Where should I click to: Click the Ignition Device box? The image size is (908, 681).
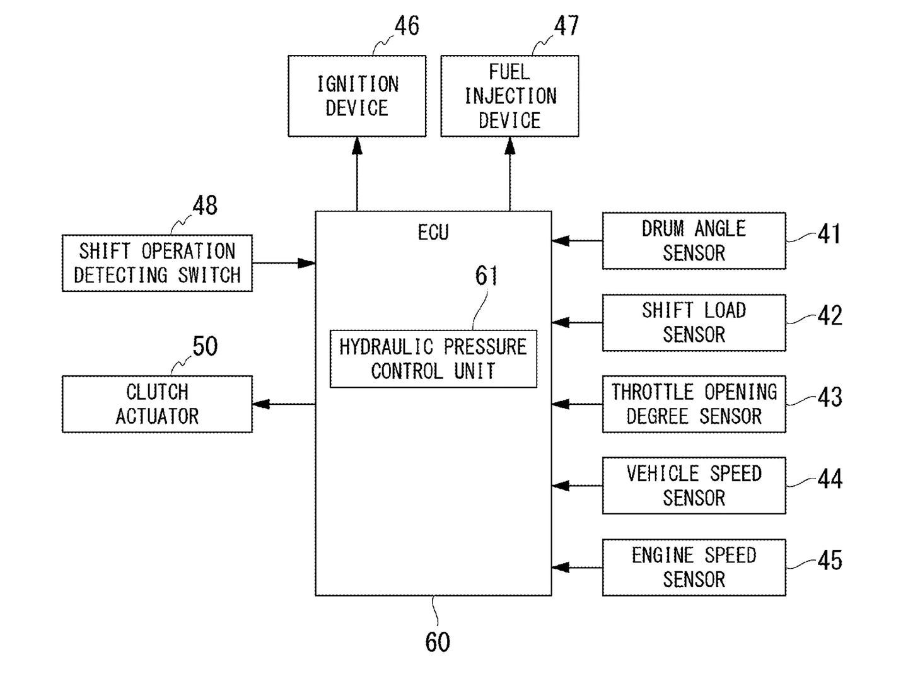pos(357,96)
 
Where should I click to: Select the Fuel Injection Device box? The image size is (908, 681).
pos(509,96)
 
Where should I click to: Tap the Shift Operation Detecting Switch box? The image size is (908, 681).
pos(157,263)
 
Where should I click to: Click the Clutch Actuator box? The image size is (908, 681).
pos(157,404)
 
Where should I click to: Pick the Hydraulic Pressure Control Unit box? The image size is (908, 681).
pos(433,359)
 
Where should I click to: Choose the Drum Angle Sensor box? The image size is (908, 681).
pos(694,241)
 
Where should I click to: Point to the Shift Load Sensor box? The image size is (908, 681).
pos(694,322)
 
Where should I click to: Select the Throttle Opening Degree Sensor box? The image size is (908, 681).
pos(694,404)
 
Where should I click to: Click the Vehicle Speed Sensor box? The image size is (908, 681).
pos(694,486)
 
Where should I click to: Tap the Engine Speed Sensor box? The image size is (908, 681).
pos(694,567)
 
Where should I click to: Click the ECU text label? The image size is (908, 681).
pos(433,233)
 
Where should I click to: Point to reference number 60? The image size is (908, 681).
pos(438,642)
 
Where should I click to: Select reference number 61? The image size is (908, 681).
pos(486,276)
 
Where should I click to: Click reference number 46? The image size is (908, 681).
pos(407,26)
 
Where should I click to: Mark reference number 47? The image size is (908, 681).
pos(566,26)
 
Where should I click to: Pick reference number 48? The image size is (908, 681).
pos(205,206)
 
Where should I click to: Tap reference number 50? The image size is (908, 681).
pos(205,346)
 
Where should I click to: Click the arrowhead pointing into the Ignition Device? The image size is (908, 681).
pos(357,146)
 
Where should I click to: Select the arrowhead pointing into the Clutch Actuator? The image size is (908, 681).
pos(261,404)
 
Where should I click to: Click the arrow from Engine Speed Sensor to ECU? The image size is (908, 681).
pos(577,567)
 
